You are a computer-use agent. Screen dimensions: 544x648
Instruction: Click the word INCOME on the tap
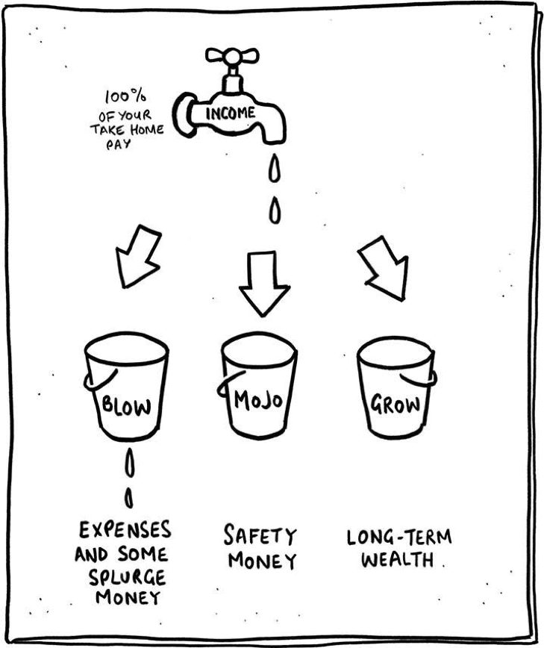(x=231, y=113)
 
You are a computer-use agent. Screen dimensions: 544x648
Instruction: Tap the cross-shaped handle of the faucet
(x=232, y=56)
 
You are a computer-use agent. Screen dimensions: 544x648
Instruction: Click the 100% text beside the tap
(x=125, y=97)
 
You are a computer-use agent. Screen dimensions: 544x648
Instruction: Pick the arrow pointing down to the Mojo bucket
(x=264, y=284)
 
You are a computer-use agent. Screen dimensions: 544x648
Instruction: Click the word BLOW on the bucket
(x=126, y=405)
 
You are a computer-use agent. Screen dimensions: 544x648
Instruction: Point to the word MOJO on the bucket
(x=258, y=399)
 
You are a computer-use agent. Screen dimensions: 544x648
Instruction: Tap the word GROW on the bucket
(x=396, y=404)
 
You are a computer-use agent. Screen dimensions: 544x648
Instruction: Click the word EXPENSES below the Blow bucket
(x=125, y=530)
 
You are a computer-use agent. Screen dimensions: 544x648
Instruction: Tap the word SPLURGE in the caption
(x=127, y=577)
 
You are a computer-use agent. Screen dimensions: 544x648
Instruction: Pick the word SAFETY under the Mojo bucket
(x=260, y=535)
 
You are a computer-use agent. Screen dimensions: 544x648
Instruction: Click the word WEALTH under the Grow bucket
(x=397, y=560)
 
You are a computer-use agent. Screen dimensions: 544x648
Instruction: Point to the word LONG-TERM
(x=399, y=538)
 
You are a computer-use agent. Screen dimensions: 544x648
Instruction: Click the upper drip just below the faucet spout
(x=275, y=168)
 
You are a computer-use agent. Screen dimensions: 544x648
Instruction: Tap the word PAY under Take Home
(x=119, y=144)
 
